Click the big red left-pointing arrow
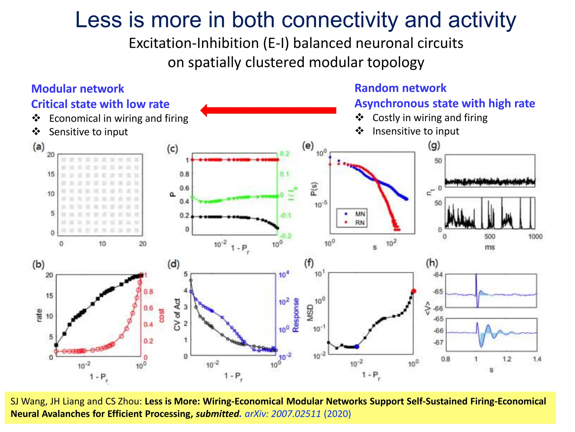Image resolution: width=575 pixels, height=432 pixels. click(x=268, y=110)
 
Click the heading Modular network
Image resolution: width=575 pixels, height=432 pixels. click(x=77, y=89)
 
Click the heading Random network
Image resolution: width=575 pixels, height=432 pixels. click(x=400, y=88)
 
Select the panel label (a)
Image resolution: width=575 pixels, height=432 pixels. click(x=38, y=147)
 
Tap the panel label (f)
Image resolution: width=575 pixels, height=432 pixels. click(x=309, y=263)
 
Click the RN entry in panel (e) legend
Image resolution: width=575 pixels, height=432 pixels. click(x=360, y=222)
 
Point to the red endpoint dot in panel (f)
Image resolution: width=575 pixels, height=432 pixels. click(x=413, y=291)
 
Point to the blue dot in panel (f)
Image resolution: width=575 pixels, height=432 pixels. click(x=357, y=347)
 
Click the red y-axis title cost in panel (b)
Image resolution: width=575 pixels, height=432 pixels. click(x=161, y=315)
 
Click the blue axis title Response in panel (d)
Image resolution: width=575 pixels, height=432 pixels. click(x=296, y=315)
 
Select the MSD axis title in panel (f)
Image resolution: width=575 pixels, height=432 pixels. click(x=310, y=313)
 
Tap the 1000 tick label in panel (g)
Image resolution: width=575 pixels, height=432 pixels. click(x=535, y=237)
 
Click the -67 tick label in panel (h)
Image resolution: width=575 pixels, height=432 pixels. click(x=438, y=343)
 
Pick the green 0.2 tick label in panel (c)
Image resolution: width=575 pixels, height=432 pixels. click(x=284, y=154)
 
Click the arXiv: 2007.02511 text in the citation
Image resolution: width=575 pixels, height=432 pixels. click(x=283, y=414)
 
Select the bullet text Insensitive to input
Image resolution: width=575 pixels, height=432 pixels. click(x=416, y=131)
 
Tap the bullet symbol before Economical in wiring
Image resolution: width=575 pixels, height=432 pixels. click(x=36, y=118)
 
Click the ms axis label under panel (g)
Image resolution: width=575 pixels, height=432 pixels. click(x=490, y=247)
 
